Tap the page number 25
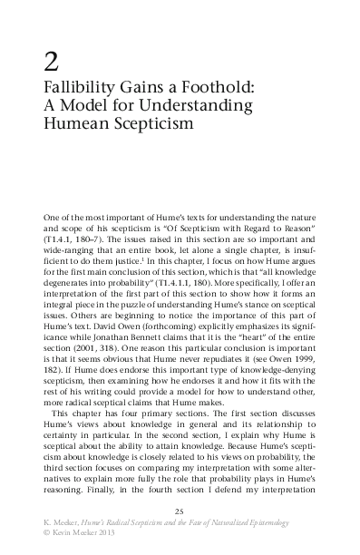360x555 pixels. (180, 514)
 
